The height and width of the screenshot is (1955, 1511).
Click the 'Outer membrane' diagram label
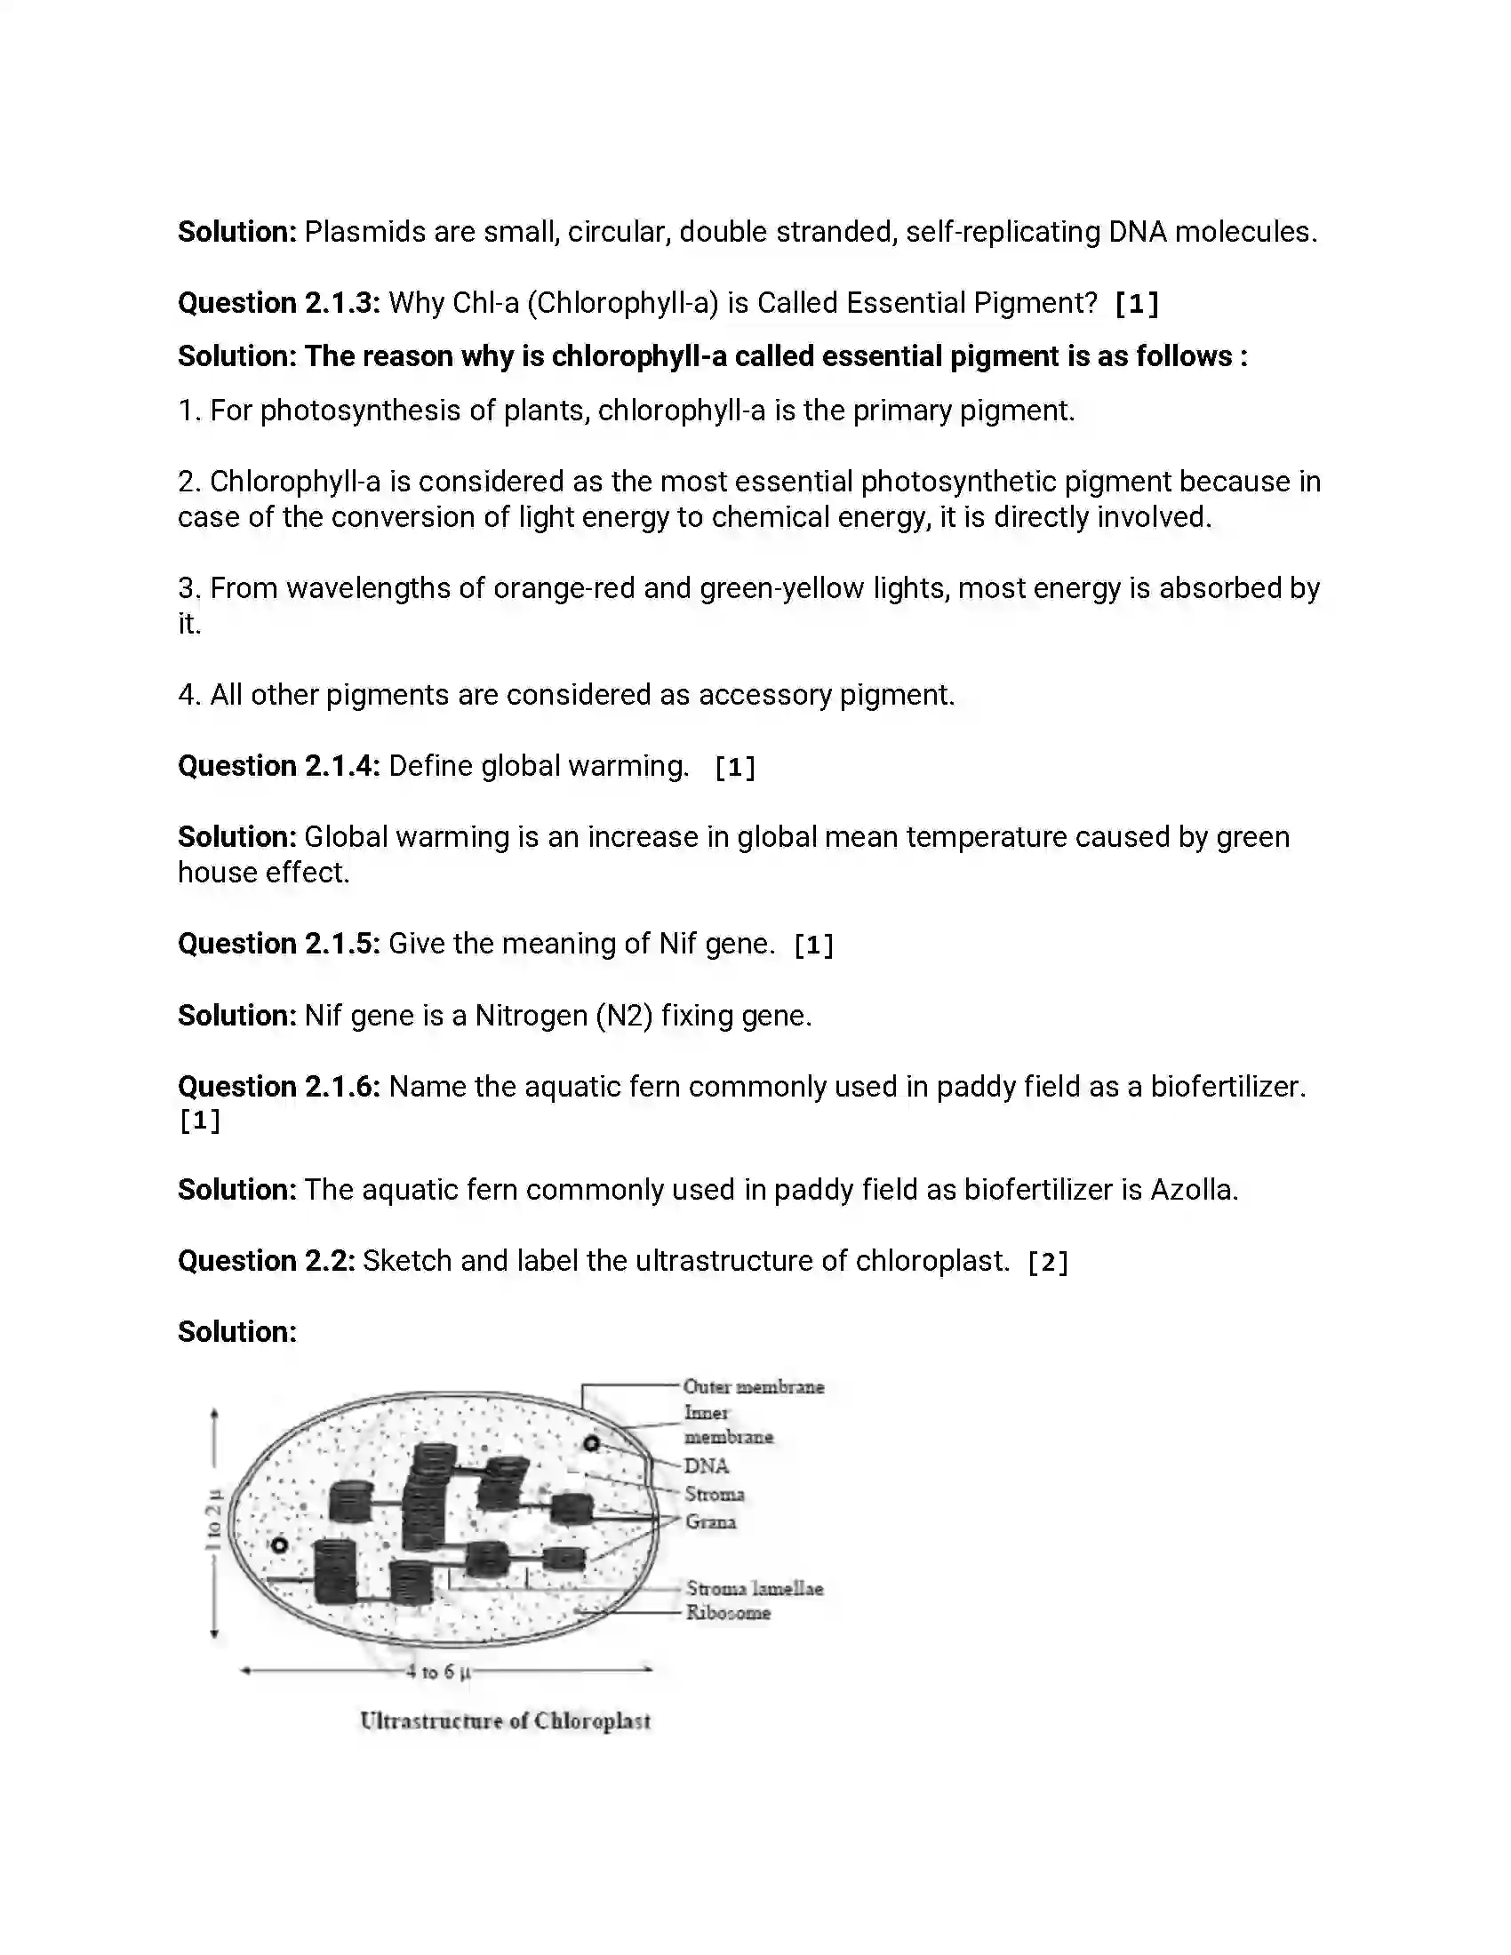pyautogui.click(x=753, y=1386)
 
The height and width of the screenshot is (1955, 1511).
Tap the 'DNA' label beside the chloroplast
pyautogui.click(x=707, y=1465)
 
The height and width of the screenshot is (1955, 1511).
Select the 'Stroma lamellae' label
pyautogui.click(x=754, y=1588)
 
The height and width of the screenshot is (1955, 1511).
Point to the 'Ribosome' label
pyautogui.click(x=728, y=1612)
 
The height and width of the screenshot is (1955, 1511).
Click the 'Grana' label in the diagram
pyautogui.click(x=711, y=1520)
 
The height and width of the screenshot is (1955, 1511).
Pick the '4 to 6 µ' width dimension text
pyautogui.click(x=437, y=1672)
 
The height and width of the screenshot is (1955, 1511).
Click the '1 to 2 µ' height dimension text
pyautogui.click(x=213, y=1519)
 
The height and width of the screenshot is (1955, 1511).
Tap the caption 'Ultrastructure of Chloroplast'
pyautogui.click(x=505, y=1720)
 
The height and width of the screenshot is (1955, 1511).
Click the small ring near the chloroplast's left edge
pyautogui.click(x=279, y=1545)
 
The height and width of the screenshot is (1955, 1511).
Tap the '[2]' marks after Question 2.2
pyautogui.click(x=1047, y=1262)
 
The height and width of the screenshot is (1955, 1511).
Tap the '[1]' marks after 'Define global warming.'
pyautogui.click(x=735, y=767)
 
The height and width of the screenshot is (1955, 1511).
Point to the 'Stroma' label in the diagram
pyautogui.click(x=715, y=1493)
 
